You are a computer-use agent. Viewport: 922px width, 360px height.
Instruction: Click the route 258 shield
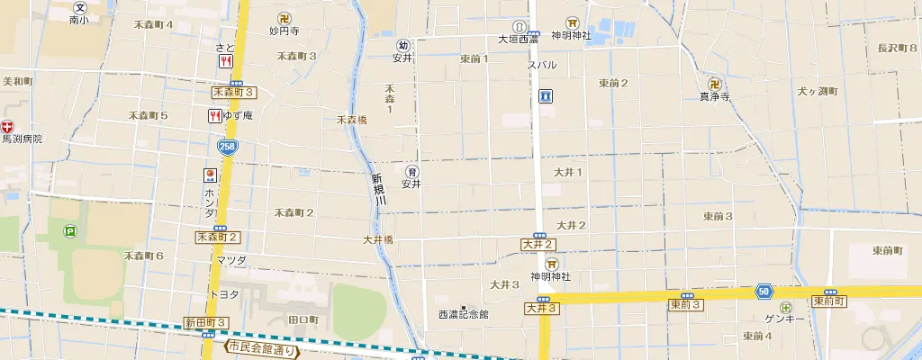tap(228, 146)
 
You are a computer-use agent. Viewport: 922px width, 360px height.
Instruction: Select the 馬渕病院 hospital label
tap(22, 139)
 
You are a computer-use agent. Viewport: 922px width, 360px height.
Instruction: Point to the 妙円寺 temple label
tap(284, 30)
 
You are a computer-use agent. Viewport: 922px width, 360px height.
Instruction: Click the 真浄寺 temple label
tap(714, 95)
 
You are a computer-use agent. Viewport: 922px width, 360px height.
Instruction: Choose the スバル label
tap(542, 65)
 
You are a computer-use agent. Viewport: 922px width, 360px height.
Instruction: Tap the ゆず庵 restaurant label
tap(239, 115)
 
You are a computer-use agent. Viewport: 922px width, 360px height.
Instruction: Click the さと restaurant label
tap(225, 47)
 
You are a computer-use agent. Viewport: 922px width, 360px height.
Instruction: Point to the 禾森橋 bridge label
tap(352, 119)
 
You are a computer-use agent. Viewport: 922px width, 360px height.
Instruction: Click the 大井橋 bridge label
tap(378, 239)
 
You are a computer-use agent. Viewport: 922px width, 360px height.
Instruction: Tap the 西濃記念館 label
tap(463, 314)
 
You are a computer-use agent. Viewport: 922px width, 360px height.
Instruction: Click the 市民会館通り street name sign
tap(261, 347)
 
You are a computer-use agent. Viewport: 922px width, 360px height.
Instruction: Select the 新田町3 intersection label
tap(206, 322)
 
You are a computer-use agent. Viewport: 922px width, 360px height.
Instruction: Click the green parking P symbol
tap(70, 231)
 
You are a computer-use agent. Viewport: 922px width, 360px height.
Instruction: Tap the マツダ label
tap(231, 260)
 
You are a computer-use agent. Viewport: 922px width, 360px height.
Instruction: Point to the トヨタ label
tap(224, 293)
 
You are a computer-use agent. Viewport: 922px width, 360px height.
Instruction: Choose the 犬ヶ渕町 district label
tap(817, 91)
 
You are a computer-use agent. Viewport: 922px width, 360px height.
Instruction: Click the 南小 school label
tap(79, 18)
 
